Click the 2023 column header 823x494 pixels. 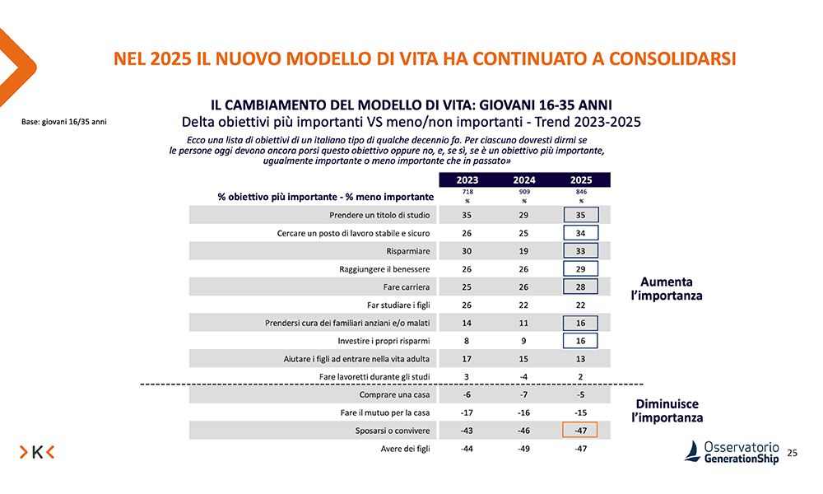tap(467, 179)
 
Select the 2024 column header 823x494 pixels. tap(524, 179)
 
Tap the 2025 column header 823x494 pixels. tap(581, 179)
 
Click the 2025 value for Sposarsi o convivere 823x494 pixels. tap(581, 431)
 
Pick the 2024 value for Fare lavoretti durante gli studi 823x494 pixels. tap(524, 376)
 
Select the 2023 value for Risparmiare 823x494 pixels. tap(467, 250)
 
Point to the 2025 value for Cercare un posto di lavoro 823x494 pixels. tap(581, 233)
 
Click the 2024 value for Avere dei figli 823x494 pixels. tap(524, 449)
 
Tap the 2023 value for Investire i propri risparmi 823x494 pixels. tap(467, 340)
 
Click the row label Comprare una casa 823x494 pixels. tap(395, 394)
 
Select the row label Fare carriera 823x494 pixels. tap(407, 287)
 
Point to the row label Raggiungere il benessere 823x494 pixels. tap(384, 268)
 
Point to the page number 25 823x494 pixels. tap(793, 453)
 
